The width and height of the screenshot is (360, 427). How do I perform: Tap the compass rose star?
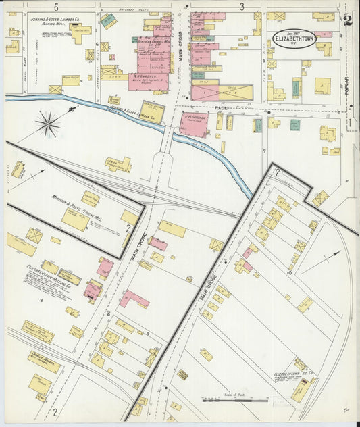tap(47, 124)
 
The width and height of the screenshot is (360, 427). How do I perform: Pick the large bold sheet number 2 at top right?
tap(347, 20)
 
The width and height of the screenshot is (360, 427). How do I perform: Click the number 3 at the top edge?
tap(241, 7)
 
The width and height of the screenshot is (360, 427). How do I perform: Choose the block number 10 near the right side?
tap(288, 273)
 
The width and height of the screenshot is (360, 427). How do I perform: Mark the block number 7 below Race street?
tap(264, 151)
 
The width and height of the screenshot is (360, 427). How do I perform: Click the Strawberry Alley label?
tap(97, 54)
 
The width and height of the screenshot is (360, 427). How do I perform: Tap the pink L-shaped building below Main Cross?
tap(134, 299)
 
